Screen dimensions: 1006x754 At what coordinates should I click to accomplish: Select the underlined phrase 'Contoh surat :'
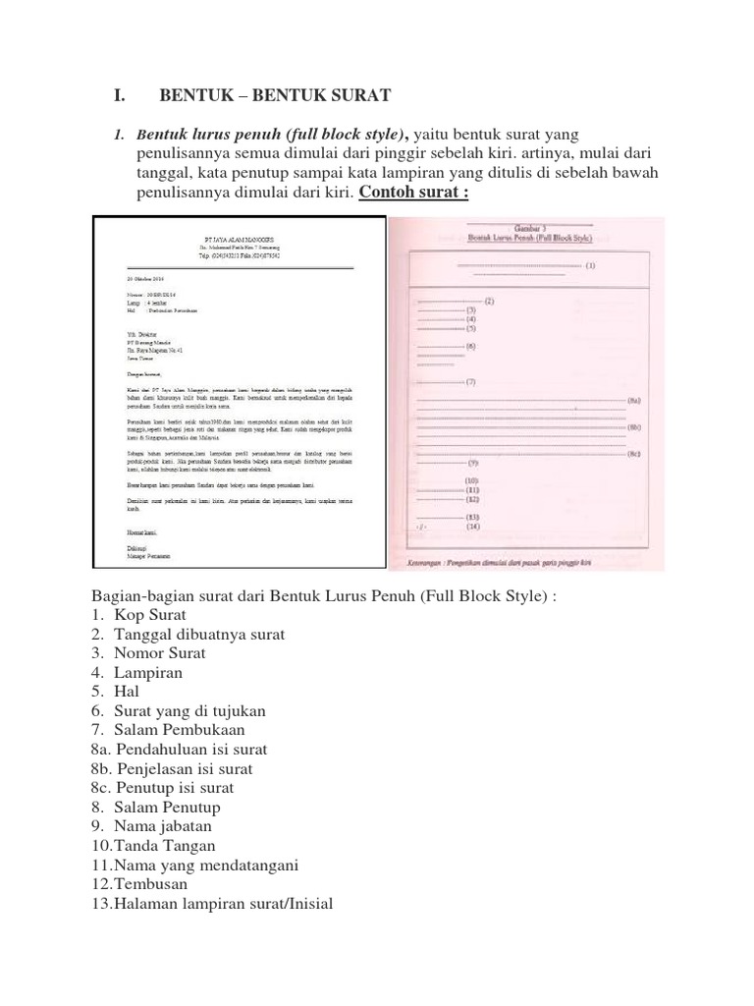[413, 192]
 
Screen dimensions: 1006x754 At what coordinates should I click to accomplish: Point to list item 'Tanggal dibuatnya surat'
[199, 634]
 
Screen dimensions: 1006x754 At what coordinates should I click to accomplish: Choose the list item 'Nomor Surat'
[160, 653]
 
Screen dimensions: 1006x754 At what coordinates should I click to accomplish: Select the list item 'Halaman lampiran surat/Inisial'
[223, 903]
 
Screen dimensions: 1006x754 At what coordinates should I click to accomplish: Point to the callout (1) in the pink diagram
[589, 265]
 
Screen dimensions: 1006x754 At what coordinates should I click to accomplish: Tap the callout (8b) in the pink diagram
[634, 428]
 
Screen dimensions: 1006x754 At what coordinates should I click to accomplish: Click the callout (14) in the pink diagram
[472, 527]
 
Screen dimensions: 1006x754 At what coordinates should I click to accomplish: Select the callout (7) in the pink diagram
[471, 380]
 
